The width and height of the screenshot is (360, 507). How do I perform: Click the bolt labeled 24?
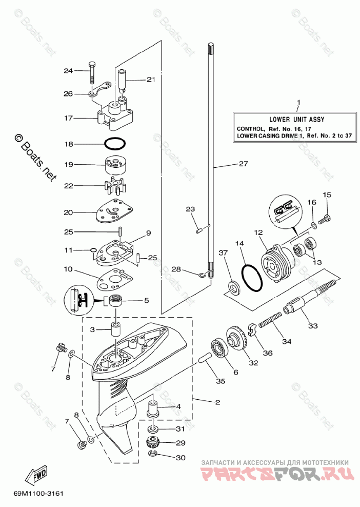[x=92, y=72]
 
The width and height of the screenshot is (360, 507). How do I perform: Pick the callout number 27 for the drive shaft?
[x=244, y=164]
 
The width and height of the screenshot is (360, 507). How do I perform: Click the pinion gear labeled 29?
[x=153, y=441]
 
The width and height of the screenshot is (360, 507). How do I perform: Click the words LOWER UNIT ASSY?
[x=296, y=120]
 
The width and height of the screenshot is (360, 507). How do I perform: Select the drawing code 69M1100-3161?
[x=38, y=494]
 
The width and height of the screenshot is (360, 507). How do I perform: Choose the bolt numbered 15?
[x=325, y=219]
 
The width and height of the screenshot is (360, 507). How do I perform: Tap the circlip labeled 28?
[x=202, y=275]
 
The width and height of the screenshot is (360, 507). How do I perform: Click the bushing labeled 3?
[x=116, y=329]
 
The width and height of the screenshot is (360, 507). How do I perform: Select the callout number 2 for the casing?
[x=217, y=402]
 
